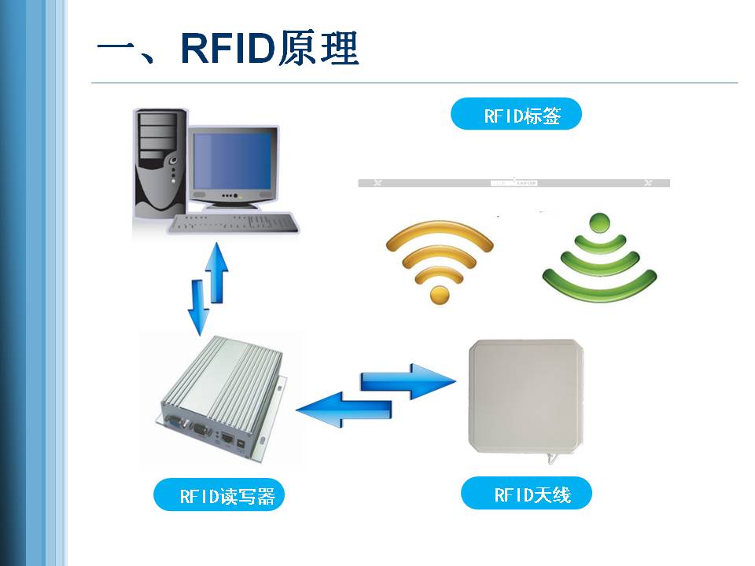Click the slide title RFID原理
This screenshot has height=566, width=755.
click(x=228, y=49)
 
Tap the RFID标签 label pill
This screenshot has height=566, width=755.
click(x=516, y=116)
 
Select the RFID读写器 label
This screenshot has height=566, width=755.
click(x=219, y=495)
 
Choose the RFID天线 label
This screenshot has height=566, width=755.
click(x=525, y=494)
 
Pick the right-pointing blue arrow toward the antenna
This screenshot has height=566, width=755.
click(x=409, y=380)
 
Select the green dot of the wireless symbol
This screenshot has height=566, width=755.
click(x=599, y=221)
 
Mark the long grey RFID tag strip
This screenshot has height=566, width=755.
click(x=514, y=183)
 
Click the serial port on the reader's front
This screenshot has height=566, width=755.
click(x=200, y=431)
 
